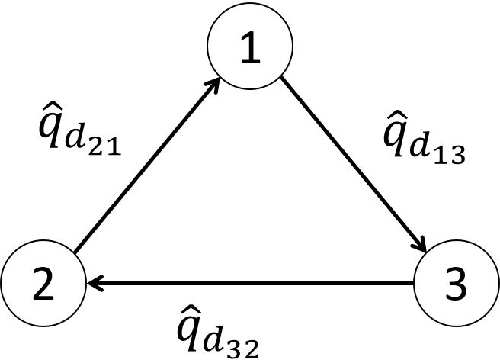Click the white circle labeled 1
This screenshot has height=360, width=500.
[250, 47]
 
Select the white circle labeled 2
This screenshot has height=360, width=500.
[43, 284]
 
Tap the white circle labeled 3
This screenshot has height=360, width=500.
[456, 284]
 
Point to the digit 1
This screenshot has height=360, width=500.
[251, 48]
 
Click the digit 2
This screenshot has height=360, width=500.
[43, 284]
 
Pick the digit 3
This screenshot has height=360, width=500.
[455, 284]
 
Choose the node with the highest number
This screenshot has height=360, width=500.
[456, 284]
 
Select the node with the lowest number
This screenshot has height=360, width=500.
[250, 47]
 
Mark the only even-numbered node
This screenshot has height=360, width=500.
[43, 284]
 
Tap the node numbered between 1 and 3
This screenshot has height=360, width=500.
[43, 284]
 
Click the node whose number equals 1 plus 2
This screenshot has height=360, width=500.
[456, 284]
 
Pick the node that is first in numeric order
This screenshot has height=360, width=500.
[250, 47]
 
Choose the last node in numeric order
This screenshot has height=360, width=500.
[456, 284]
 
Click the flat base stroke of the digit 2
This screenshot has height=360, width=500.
[43, 299]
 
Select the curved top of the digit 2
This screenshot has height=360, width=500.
[43, 271]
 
